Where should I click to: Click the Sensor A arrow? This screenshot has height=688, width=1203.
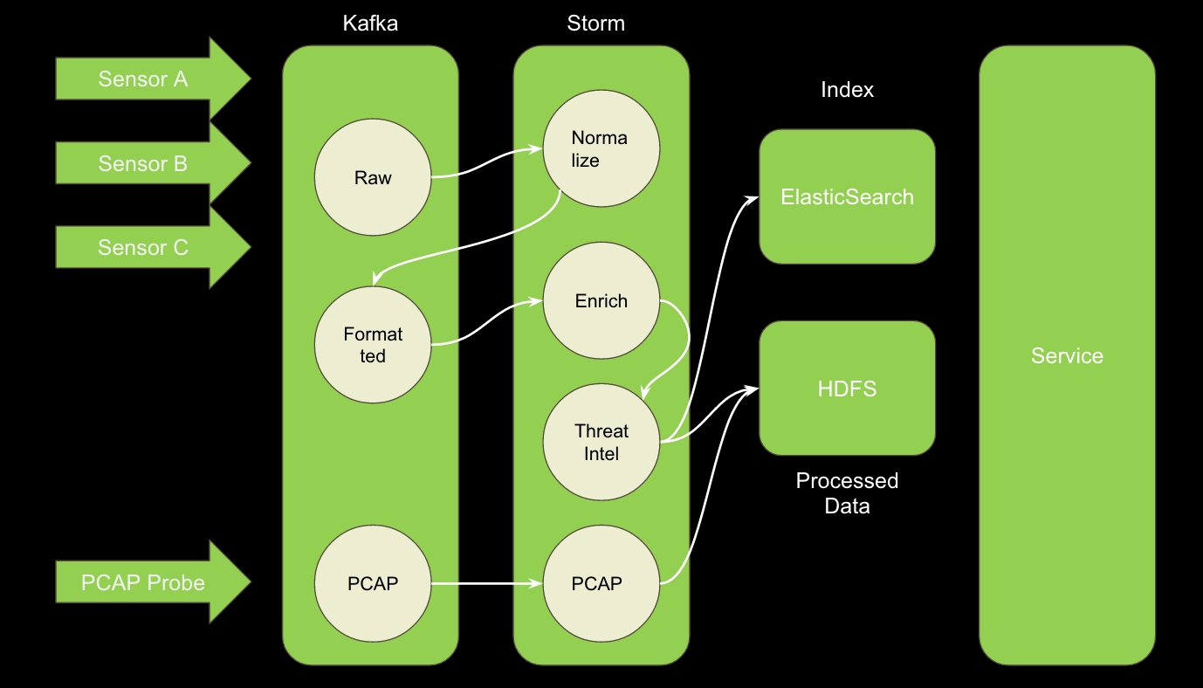pyautogui.click(x=144, y=79)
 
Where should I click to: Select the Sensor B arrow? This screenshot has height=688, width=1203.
pyautogui.click(x=144, y=164)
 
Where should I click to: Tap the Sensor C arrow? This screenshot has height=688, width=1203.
pyautogui.click(x=144, y=248)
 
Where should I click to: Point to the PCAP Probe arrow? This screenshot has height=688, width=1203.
pyautogui.click(x=144, y=582)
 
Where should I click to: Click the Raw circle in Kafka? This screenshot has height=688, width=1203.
pyautogui.click(x=373, y=178)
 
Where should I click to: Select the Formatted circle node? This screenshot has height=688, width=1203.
pyautogui.click(x=373, y=345)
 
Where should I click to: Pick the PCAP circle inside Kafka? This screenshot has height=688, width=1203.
pyautogui.click(x=373, y=583)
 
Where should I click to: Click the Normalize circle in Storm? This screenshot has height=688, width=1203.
pyautogui.click(x=601, y=148)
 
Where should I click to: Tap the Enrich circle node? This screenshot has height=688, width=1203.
pyautogui.click(x=601, y=301)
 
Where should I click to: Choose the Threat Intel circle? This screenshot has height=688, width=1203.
pyautogui.click(x=601, y=443)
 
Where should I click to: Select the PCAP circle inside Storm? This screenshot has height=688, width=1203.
pyautogui.click(x=601, y=583)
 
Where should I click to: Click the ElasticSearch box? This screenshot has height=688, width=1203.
pyautogui.click(x=847, y=197)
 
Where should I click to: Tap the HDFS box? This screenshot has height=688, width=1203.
pyautogui.click(x=847, y=389)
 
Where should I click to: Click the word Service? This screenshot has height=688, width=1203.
pyautogui.click(x=1067, y=356)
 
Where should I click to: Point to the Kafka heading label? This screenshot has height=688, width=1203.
pyautogui.click(x=370, y=24)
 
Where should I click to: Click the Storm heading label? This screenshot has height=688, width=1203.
pyautogui.click(x=596, y=24)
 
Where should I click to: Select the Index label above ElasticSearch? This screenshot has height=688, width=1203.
pyautogui.click(x=847, y=90)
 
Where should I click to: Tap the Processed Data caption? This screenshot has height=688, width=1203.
pyautogui.click(x=847, y=493)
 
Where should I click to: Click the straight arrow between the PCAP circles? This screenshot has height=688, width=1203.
pyautogui.click(x=486, y=583)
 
